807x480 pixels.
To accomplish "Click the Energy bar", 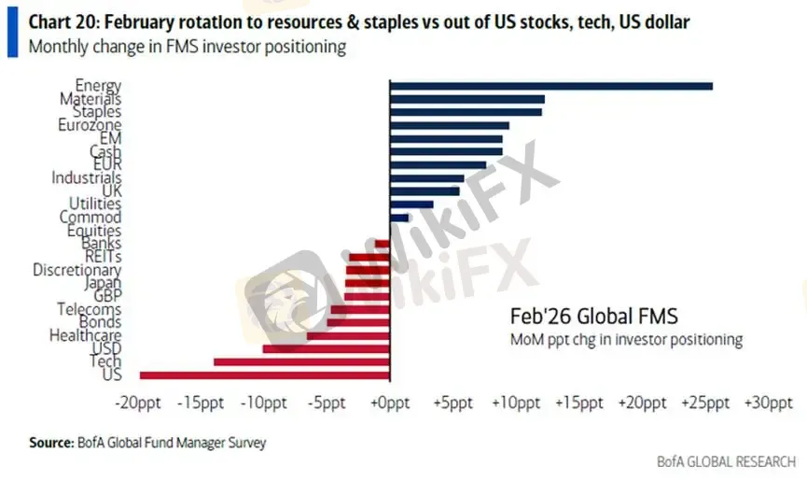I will pyautogui.click(x=550, y=86).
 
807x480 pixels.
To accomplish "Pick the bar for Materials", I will pyautogui.click(x=466, y=99).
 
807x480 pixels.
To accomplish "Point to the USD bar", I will pyautogui.click(x=326, y=348).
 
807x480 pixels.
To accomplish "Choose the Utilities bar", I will pyautogui.click(x=411, y=204).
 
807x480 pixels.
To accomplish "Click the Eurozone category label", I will pyautogui.click(x=89, y=125).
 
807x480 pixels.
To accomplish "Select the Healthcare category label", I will pyautogui.click(x=85, y=335).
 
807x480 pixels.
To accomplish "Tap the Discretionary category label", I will pyautogui.click(x=77, y=270).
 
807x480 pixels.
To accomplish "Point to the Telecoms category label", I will pyautogui.click(x=89, y=309).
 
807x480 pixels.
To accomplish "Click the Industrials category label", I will pyautogui.click(x=86, y=177).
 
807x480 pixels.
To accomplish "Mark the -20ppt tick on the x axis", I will pyautogui.click(x=137, y=403).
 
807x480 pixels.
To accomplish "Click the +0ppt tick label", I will pyautogui.click(x=390, y=403).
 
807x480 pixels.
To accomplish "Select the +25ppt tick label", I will pyautogui.click(x=704, y=403).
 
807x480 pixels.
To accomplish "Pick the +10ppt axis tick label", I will pyautogui.click(x=516, y=403).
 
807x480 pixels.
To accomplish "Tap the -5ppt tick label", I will pyautogui.click(x=327, y=403).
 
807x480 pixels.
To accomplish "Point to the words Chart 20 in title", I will pyautogui.click(x=62, y=21).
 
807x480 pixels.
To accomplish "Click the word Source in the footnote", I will pyautogui.click(x=50, y=443).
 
